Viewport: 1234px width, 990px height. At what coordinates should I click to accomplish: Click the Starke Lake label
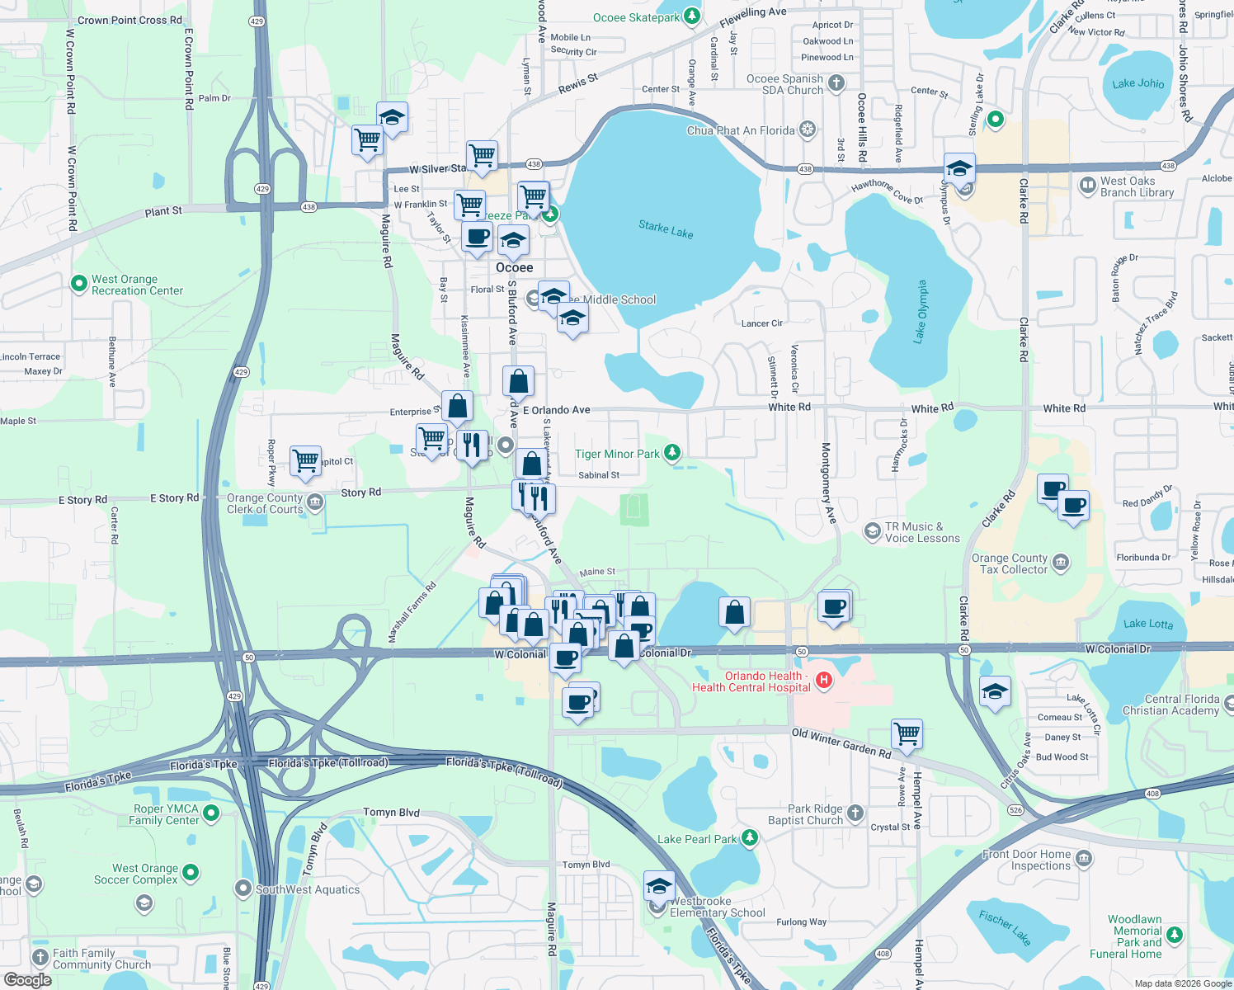click(x=666, y=229)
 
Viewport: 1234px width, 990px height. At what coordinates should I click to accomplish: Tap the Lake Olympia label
click(x=921, y=311)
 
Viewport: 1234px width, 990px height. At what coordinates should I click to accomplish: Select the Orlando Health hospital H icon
click(x=823, y=681)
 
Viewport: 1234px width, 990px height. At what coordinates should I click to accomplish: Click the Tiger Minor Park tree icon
click(x=672, y=452)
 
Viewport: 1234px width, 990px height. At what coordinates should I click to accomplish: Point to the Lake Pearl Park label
click(x=697, y=839)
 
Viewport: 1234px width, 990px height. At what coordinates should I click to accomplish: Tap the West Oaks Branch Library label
click(x=1137, y=186)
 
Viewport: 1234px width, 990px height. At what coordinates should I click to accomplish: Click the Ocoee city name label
click(x=514, y=267)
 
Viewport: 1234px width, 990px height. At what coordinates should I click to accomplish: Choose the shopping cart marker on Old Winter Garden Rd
click(x=907, y=733)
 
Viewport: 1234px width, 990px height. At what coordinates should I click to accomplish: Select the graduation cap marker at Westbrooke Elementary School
click(x=658, y=887)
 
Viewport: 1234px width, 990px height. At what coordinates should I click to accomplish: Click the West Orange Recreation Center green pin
click(x=79, y=284)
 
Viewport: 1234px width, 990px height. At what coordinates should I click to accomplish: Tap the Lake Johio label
click(x=1137, y=83)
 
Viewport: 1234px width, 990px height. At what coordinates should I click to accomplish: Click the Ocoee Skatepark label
click(x=637, y=17)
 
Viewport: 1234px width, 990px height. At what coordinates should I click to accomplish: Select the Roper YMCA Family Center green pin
click(x=211, y=813)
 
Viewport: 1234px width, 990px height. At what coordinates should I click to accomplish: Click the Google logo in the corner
click(x=27, y=980)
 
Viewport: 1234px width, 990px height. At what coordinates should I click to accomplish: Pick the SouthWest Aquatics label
click(x=308, y=889)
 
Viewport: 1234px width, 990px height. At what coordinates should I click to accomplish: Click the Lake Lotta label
click(x=1147, y=624)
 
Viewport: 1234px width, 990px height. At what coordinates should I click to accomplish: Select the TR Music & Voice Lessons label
click(x=922, y=532)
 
